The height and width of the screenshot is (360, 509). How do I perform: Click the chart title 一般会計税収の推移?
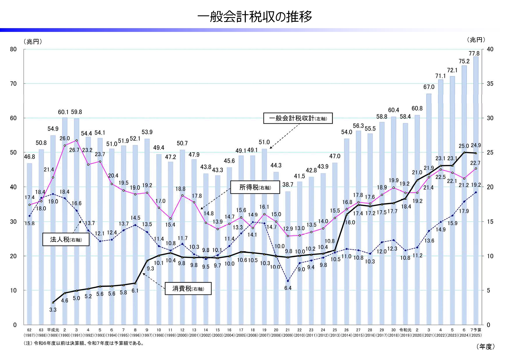click(254, 17)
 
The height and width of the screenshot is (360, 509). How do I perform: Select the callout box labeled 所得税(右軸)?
click(255, 187)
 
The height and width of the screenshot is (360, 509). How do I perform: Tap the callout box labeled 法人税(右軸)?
click(66, 239)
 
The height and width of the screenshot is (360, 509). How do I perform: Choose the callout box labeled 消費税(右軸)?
click(188, 289)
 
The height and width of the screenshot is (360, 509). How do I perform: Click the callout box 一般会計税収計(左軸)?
click(298, 118)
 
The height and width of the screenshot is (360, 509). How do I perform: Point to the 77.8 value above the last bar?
click(474, 53)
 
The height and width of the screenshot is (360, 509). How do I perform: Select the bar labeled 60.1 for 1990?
click(65, 220)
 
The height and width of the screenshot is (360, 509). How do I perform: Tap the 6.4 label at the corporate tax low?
click(288, 288)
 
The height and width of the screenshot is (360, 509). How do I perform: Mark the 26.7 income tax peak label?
click(74, 150)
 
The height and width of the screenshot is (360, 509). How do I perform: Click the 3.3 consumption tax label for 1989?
click(53, 310)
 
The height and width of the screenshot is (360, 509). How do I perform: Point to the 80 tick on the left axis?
click(13, 49)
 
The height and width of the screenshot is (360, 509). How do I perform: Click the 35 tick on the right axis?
click(490, 84)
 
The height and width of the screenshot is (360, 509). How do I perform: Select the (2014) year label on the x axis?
click(347, 335)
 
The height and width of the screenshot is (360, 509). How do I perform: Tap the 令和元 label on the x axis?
click(405, 330)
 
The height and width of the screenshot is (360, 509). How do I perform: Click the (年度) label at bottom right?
click(486, 347)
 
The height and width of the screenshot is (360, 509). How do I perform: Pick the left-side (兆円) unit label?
click(32, 42)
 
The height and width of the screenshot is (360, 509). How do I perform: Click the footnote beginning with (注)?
click(84, 343)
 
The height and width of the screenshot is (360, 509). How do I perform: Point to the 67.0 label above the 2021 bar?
click(429, 87)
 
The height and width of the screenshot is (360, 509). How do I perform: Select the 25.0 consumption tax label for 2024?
click(464, 146)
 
